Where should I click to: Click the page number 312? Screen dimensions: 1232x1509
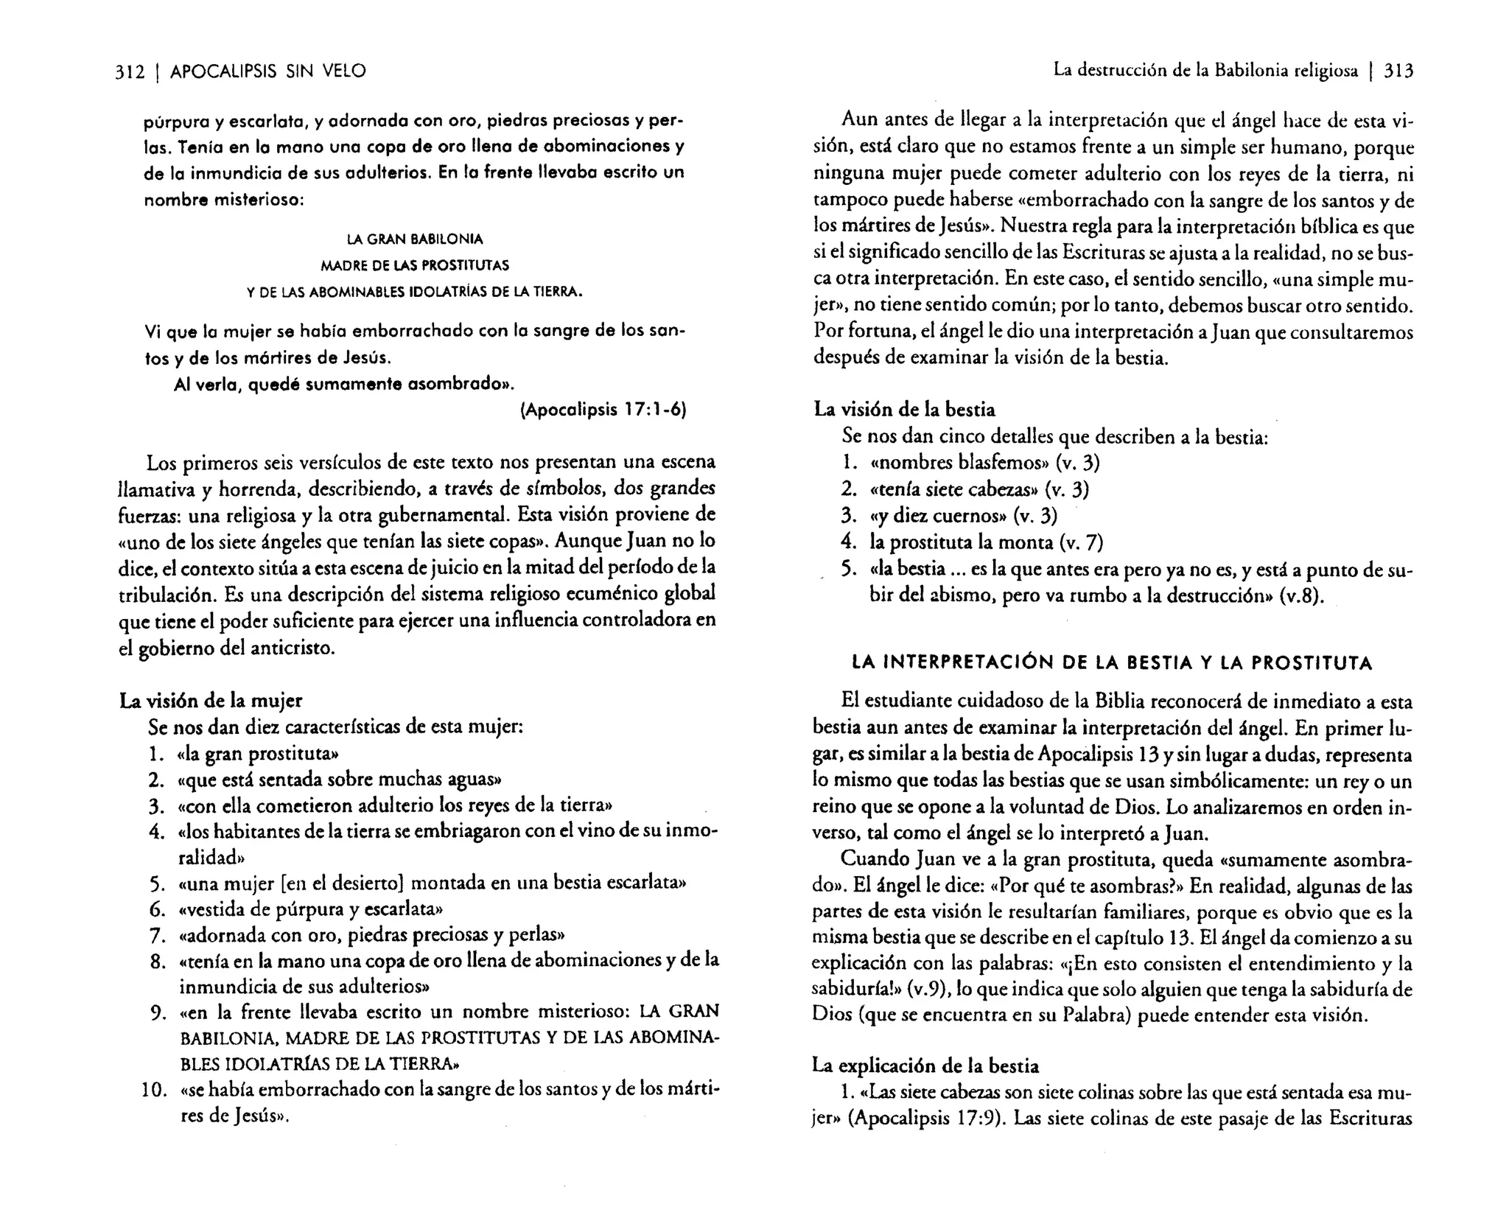pyautogui.click(x=130, y=71)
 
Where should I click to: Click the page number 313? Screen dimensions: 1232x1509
pyautogui.click(x=1398, y=71)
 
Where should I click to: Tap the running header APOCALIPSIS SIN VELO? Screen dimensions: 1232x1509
pyautogui.click(x=267, y=71)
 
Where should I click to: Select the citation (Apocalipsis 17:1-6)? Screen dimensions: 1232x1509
pyautogui.click(x=603, y=410)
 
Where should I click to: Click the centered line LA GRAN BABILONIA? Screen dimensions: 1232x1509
pyautogui.click(x=415, y=239)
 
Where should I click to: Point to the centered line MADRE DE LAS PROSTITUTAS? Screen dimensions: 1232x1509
pyautogui.click(x=415, y=265)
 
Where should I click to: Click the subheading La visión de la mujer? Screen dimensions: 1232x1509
pyautogui.click(x=211, y=701)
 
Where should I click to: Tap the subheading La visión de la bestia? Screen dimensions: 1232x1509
pyautogui.click(x=904, y=410)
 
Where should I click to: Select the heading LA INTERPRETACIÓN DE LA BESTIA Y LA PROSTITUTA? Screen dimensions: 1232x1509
pyautogui.click(x=1112, y=663)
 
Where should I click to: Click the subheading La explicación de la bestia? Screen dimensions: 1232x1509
pyautogui.click(x=925, y=1065)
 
